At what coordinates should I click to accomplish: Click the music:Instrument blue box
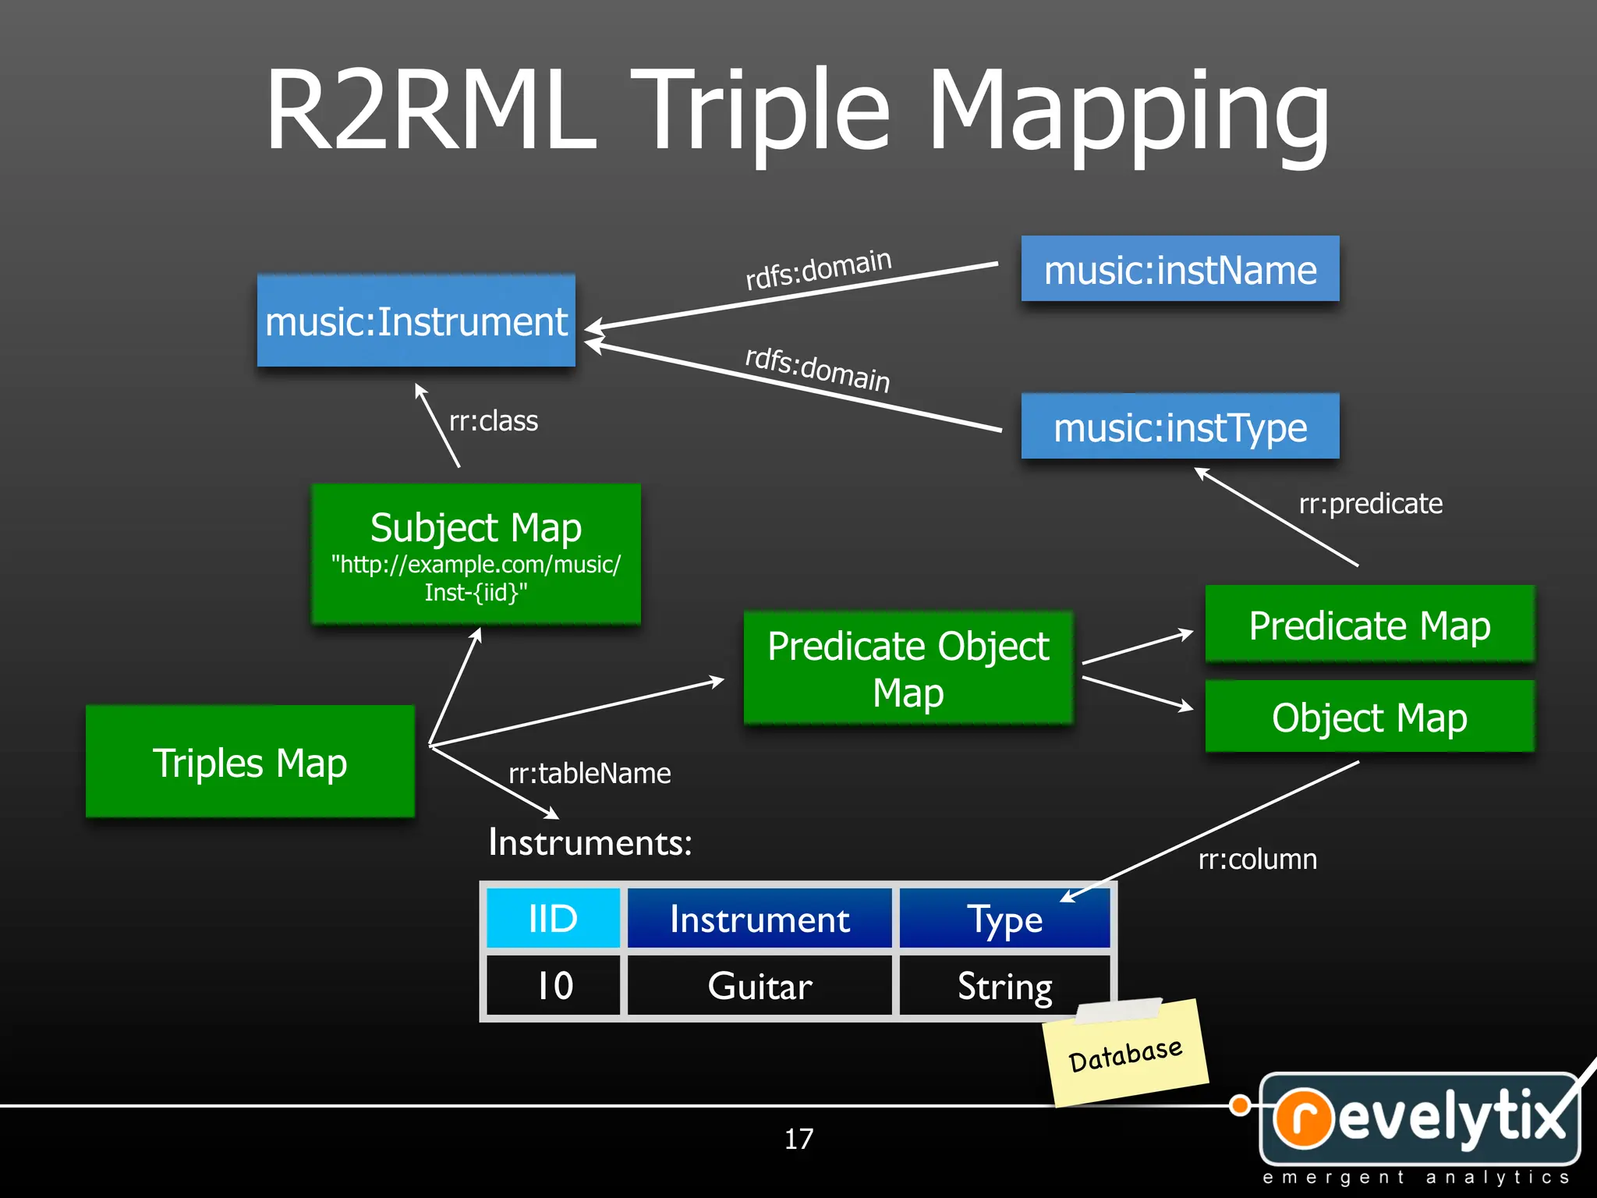[416, 321]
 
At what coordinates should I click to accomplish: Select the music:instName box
[1180, 270]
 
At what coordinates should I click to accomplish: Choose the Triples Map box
[250, 762]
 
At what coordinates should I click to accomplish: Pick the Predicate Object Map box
[908, 668]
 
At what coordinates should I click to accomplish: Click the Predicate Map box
[1369, 625]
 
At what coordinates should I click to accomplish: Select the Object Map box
[1369, 717]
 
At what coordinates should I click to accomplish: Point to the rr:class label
[493, 421]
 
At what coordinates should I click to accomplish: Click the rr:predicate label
[1370, 504]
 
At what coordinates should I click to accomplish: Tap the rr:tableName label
[590, 774]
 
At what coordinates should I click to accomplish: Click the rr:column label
[1257, 860]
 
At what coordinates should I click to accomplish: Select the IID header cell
[553, 919]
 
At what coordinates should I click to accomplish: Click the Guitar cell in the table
[760, 986]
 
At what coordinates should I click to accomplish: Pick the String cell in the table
[1004, 986]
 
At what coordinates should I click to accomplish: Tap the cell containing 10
[553, 986]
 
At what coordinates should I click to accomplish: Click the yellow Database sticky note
[1125, 1054]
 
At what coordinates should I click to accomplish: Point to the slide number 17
[798, 1140]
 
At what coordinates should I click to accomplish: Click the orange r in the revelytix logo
[1309, 1118]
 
